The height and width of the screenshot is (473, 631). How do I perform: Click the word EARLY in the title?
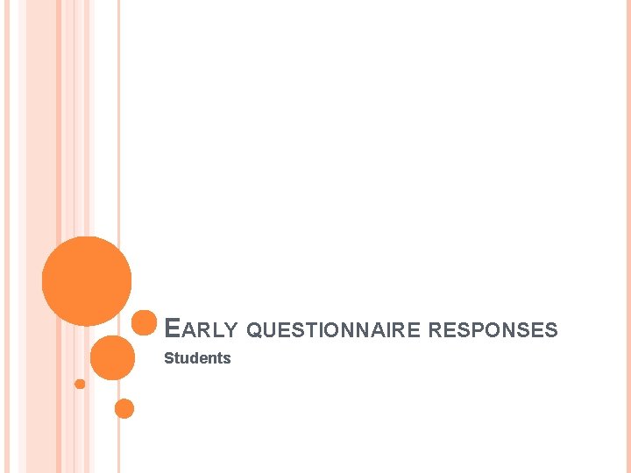pyautogui.click(x=202, y=329)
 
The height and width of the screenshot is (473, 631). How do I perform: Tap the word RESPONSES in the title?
pyautogui.click(x=493, y=330)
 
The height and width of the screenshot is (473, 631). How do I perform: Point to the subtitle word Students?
pyautogui.click(x=197, y=358)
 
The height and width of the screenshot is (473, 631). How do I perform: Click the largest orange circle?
pyautogui.click(x=87, y=281)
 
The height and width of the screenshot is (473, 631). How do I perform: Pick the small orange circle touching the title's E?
pyautogui.click(x=144, y=323)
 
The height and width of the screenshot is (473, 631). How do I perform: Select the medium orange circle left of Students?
pyautogui.click(x=113, y=357)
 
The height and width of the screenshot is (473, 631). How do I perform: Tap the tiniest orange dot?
pyautogui.click(x=80, y=384)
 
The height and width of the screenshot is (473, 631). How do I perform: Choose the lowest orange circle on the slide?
pyautogui.click(x=124, y=408)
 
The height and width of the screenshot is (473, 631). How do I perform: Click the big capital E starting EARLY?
pyautogui.click(x=173, y=328)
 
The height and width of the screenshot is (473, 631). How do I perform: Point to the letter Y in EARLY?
pyautogui.click(x=230, y=330)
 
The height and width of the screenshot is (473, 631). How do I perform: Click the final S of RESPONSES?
pyautogui.click(x=551, y=330)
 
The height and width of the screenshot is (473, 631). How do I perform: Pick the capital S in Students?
pyautogui.click(x=169, y=358)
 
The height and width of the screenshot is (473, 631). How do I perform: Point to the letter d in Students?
pyautogui.click(x=194, y=358)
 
